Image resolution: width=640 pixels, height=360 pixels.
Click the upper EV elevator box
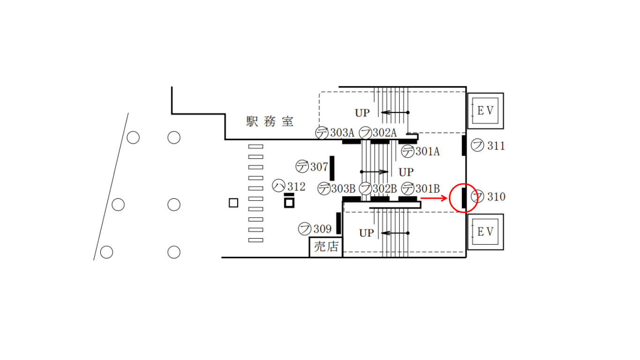point(485,111)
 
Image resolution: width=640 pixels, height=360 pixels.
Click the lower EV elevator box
point(485,232)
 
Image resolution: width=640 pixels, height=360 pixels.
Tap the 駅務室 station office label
point(270,122)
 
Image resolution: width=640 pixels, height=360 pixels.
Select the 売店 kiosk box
point(326,247)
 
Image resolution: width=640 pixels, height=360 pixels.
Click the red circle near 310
point(464,198)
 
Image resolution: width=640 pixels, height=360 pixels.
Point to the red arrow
point(434,198)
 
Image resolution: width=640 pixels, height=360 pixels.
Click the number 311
point(496,146)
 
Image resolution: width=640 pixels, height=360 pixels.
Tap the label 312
point(296,187)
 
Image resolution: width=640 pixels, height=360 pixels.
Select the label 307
point(319,166)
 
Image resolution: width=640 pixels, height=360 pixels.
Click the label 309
point(322,229)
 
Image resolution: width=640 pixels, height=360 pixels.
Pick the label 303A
point(342,133)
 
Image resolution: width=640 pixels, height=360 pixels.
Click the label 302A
point(385,133)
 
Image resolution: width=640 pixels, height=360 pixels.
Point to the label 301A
point(428,151)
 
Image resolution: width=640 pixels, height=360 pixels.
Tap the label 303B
point(343,189)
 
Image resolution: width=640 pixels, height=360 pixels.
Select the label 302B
point(385,189)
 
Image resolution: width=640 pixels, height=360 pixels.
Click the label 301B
point(427,189)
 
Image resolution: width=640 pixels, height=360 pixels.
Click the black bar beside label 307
point(332,168)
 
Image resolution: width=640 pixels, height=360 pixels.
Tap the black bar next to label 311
point(464,145)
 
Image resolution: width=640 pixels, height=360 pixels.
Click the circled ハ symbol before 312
point(279,186)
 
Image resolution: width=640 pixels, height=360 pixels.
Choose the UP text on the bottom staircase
point(366,233)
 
